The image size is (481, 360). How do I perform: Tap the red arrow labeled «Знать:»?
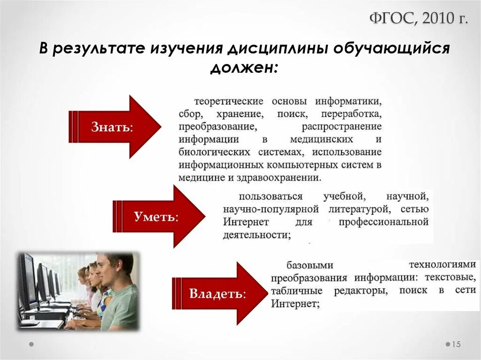(115, 127)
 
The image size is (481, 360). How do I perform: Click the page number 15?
(456, 345)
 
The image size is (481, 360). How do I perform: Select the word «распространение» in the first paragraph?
(341, 127)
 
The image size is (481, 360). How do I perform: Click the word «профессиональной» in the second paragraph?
(383, 222)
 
